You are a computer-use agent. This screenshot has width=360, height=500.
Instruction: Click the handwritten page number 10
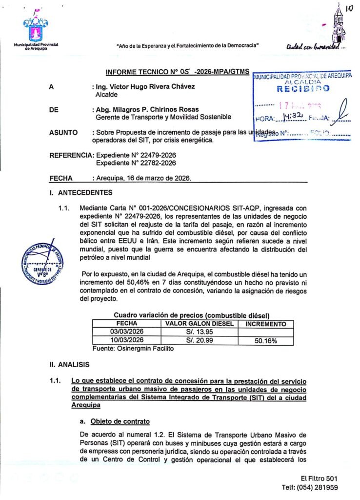[x=349, y=8]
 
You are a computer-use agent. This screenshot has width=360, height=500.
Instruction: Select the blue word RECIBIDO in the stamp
[x=303, y=88]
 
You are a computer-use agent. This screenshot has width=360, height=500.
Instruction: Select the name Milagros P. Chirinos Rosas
[x=146, y=110]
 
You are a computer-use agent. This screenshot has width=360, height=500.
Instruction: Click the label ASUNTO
[x=63, y=133]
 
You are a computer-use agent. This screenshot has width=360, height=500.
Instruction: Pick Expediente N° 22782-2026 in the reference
[x=136, y=163]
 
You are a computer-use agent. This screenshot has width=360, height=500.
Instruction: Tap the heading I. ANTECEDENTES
[x=80, y=193]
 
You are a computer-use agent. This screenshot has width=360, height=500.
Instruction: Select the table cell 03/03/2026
[x=127, y=332]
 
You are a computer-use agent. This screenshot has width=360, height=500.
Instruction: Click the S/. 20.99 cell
[x=200, y=340]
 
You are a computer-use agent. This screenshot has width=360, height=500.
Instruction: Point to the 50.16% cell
[x=266, y=340]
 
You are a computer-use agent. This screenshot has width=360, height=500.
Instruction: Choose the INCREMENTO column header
[x=266, y=324]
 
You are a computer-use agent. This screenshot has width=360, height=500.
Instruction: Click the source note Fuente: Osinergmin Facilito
[x=133, y=349]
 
